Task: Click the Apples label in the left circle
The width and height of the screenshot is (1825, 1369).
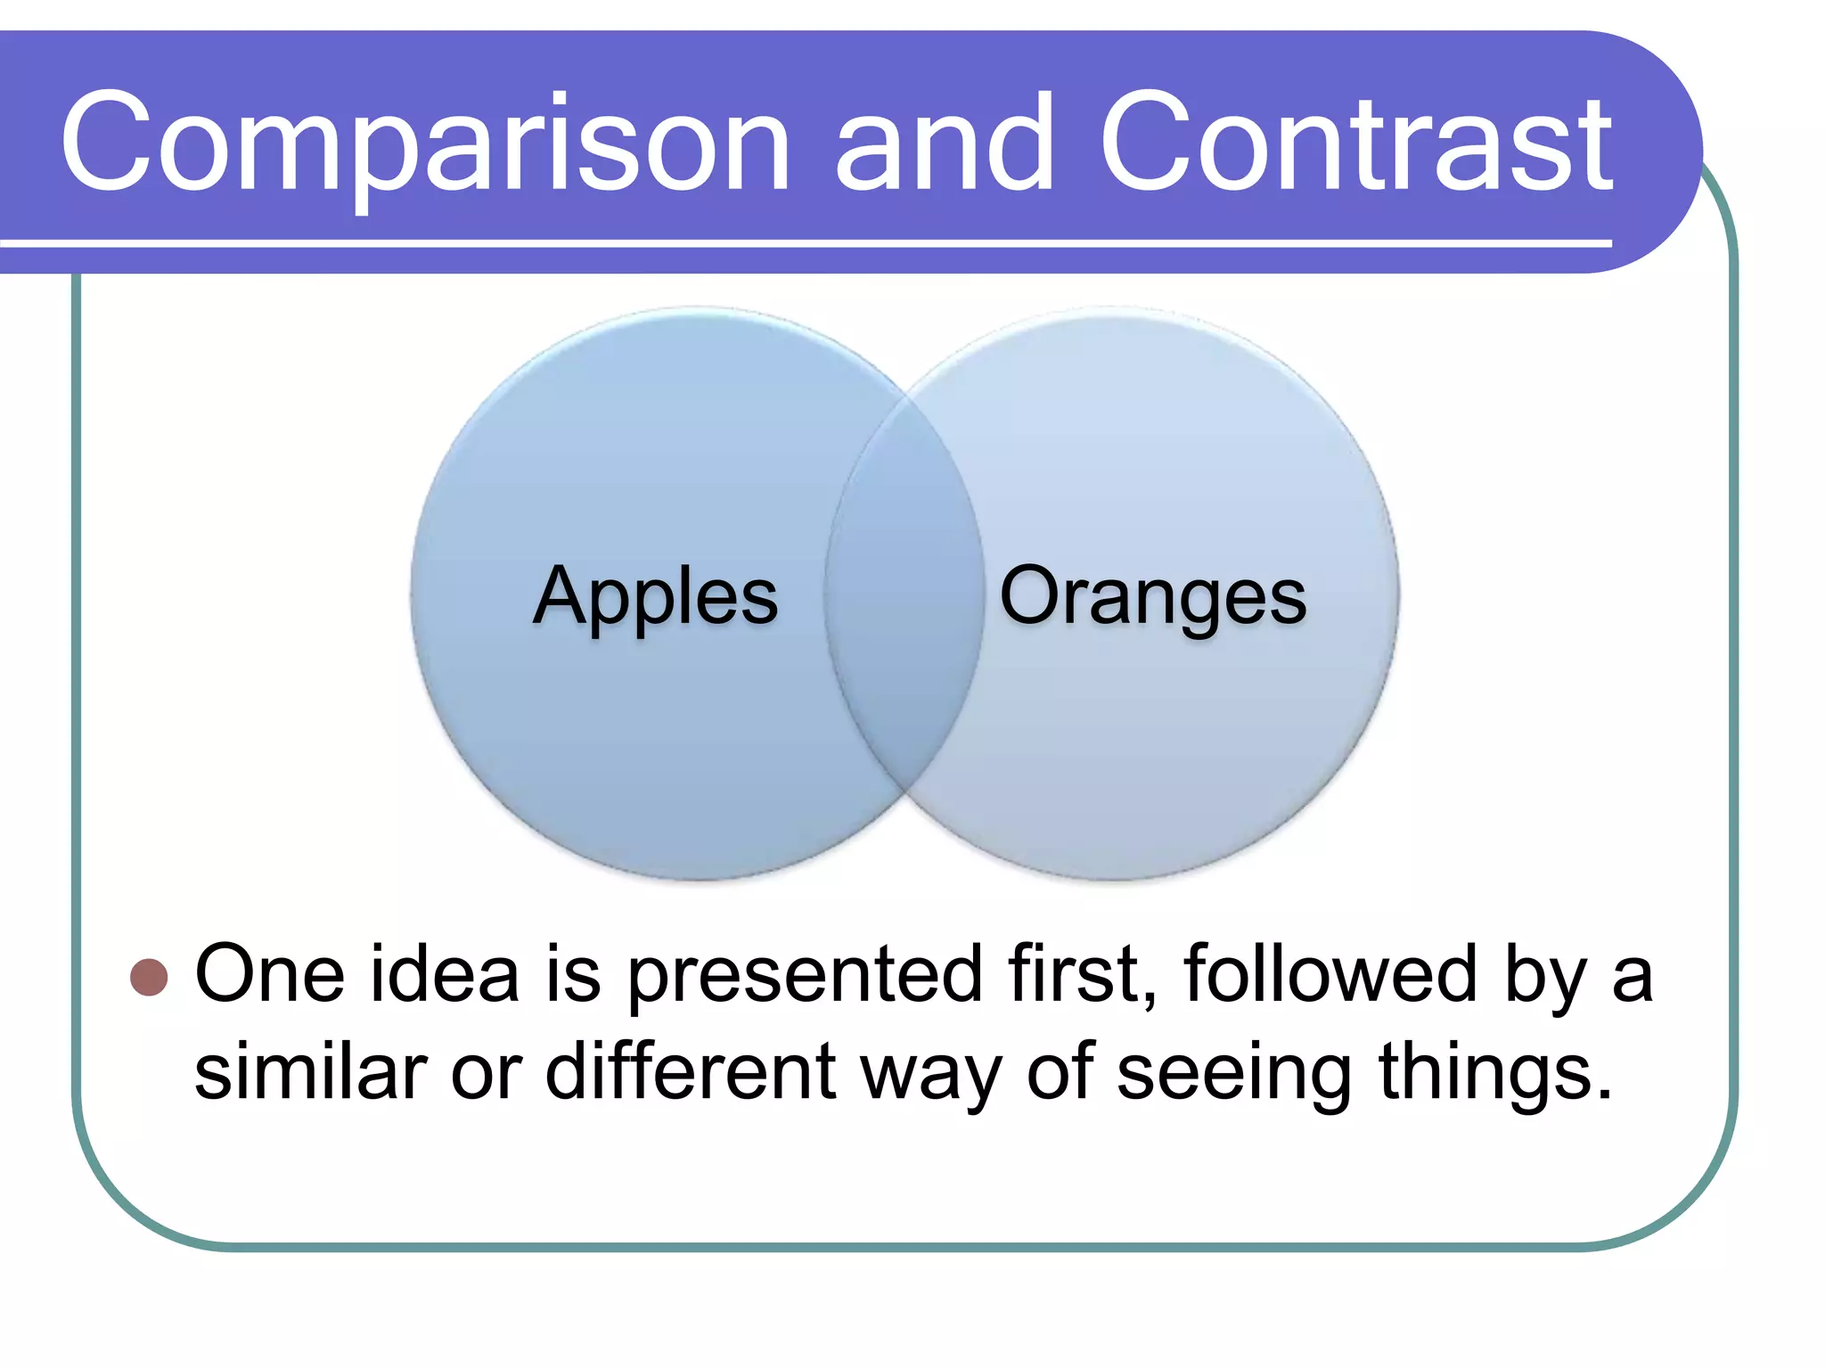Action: coord(656,595)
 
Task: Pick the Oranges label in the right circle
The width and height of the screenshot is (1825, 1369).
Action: coord(1153,595)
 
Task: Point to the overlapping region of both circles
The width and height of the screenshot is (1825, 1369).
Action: coord(904,593)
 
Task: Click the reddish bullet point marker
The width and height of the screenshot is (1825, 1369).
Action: coord(149,977)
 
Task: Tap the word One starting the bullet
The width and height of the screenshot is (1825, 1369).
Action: coord(269,975)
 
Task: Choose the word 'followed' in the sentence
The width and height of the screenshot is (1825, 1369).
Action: coord(1331,975)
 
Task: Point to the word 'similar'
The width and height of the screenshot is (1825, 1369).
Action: coord(310,1072)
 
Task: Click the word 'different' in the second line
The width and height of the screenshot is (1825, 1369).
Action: coord(691,1072)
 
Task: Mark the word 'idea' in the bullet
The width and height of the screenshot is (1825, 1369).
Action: coord(445,975)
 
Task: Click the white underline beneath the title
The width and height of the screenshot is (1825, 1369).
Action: coord(802,242)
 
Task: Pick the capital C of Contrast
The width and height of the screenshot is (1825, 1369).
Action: coord(1150,143)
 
